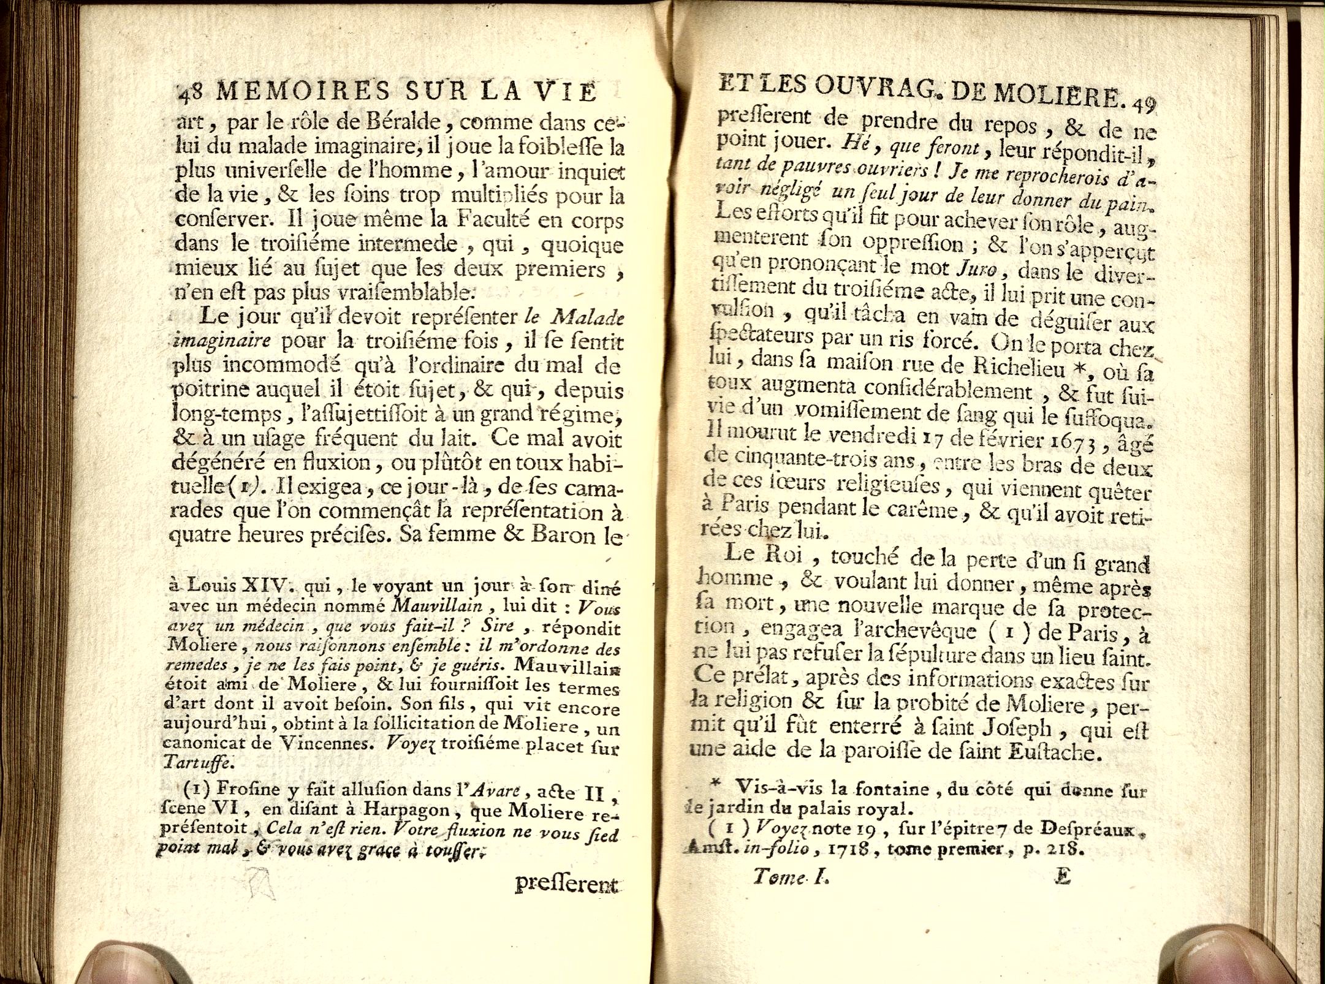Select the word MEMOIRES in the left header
point(303,91)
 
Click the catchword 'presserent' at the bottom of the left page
point(566,884)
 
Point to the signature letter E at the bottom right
point(1062,877)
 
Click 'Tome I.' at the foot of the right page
point(791,877)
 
